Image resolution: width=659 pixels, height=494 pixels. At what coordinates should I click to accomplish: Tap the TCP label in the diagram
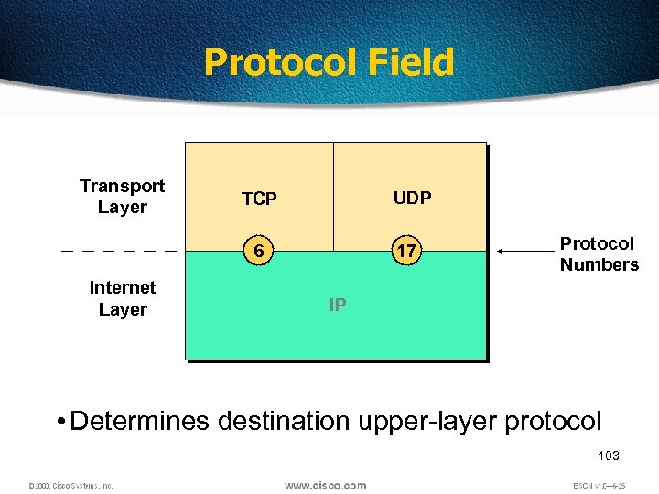tap(259, 199)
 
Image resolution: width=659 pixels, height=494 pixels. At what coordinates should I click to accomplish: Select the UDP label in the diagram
tap(412, 198)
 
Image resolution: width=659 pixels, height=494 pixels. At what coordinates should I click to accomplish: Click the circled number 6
tap(260, 251)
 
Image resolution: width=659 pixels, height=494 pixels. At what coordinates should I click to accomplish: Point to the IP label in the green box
tap(338, 305)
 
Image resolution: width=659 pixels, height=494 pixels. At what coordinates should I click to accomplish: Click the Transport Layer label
tap(122, 197)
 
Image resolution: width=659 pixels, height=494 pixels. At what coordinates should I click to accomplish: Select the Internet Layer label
tap(123, 298)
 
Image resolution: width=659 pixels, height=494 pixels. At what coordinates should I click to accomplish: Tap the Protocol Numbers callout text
tap(599, 254)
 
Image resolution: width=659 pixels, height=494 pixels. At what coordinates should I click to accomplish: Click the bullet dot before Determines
tap(59, 422)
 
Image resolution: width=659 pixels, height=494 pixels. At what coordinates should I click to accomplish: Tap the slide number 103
tap(608, 456)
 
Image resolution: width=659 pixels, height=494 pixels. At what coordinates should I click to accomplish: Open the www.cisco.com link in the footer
tap(325, 485)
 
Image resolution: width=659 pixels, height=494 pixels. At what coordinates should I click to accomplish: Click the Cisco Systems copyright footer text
tap(70, 486)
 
